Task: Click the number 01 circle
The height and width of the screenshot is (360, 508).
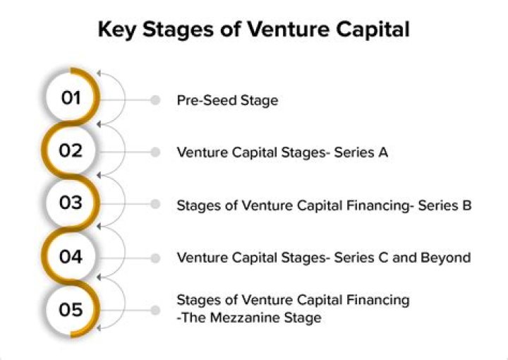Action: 71,97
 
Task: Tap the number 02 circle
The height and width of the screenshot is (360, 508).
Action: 71,150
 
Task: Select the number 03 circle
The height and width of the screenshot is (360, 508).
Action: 71,203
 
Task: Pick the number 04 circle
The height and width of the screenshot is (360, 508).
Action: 71,256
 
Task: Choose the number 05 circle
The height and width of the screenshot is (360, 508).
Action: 71,309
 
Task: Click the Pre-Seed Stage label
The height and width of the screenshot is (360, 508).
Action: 227,100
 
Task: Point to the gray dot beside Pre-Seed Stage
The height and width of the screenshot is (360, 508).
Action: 155,100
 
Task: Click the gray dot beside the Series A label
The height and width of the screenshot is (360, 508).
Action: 155,152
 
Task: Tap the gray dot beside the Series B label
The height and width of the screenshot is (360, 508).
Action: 155,204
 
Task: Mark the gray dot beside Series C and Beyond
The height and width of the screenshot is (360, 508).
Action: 155,258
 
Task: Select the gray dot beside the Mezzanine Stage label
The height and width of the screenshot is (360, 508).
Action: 155,311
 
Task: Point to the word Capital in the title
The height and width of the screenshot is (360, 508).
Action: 373,30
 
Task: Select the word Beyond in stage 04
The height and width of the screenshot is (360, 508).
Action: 445,258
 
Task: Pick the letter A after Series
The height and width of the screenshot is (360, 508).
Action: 383,152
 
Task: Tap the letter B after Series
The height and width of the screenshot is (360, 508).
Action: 467,205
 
